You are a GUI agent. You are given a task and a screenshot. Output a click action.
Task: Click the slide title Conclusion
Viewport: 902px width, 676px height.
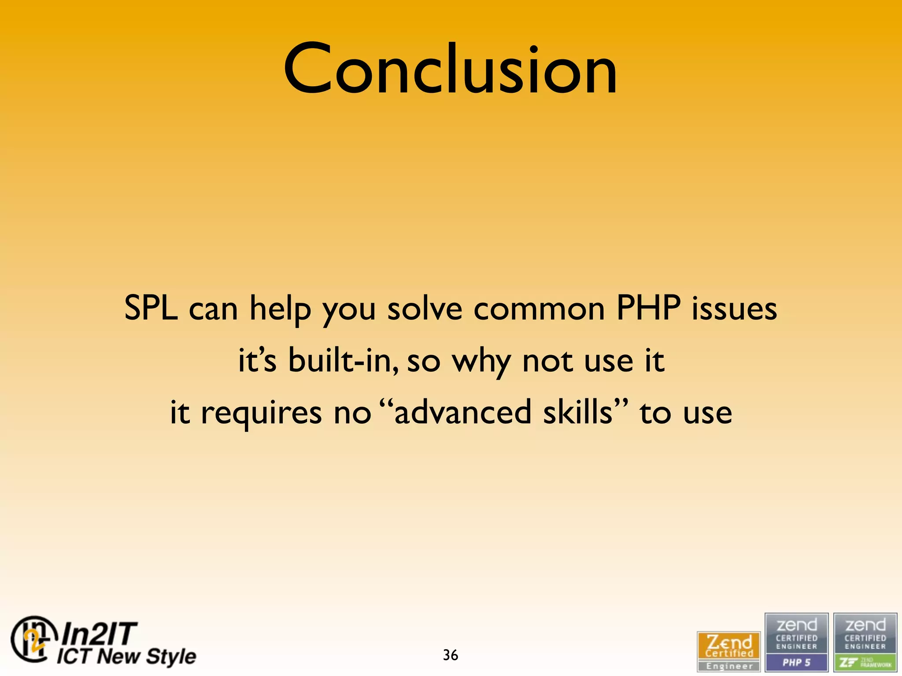(x=450, y=70)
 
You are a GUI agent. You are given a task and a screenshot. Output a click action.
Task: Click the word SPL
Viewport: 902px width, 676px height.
(x=151, y=308)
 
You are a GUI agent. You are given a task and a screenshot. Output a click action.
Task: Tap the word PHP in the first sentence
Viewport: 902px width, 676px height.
(x=648, y=308)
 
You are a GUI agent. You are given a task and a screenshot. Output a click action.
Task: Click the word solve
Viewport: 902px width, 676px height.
(x=425, y=308)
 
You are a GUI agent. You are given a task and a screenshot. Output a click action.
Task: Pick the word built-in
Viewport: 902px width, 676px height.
(x=343, y=360)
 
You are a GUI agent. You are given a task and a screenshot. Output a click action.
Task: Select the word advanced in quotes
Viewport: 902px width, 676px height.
(x=462, y=412)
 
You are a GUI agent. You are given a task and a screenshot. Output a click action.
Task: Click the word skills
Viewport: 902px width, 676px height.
(x=577, y=412)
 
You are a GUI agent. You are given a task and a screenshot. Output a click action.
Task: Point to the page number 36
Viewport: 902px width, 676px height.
(x=450, y=655)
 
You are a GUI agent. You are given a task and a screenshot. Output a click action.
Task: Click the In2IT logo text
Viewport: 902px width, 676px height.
(x=100, y=634)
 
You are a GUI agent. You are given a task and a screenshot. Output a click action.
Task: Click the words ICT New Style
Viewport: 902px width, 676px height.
(x=126, y=656)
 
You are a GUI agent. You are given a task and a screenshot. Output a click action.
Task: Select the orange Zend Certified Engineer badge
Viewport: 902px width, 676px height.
(x=728, y=651)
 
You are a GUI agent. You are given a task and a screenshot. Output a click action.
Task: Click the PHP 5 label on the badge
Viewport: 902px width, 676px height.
(x=796, y=662)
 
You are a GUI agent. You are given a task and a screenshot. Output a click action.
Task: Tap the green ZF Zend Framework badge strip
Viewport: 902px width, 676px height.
(x=865, y=662)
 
